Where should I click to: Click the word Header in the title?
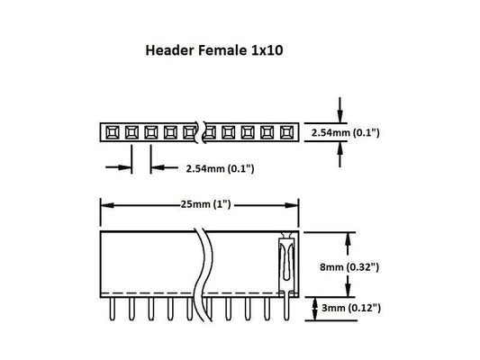[170, 52]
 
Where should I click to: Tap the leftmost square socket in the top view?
[111, 132]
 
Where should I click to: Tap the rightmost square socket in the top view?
[288, 132]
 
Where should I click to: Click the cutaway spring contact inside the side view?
[285, 261]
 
